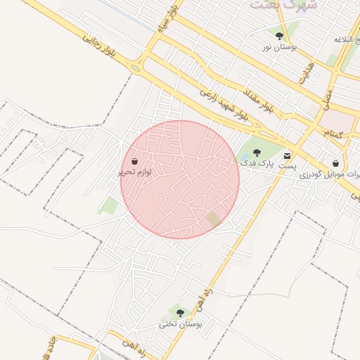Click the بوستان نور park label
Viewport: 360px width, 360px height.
click(x=279, y=46)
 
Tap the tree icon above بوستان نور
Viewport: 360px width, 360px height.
click(x=279, y=36)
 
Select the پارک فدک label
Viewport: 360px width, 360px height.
click(x=255, y=163)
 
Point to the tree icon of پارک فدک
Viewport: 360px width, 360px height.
click(x=255, y=152)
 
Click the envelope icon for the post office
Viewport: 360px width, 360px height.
click(x=287, y=155)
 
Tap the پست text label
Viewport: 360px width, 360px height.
click(x=288, y=167)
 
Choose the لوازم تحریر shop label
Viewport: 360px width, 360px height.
click(x=134, y=172)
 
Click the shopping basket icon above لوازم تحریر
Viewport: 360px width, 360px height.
click(x=134, y=161)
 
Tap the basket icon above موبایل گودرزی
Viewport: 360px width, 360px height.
click(x=335, y=162)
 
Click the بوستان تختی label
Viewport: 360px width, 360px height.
click(x=180, y=324)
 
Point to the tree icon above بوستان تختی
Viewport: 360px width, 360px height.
click(x=180, y=313)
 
